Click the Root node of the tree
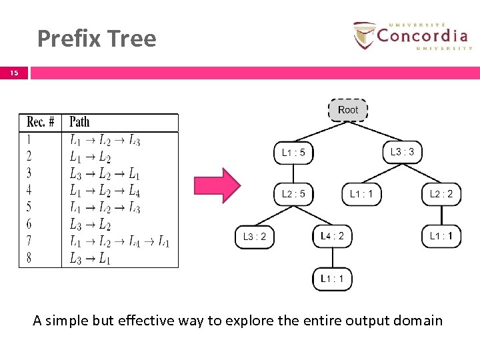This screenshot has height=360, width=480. [348, 110]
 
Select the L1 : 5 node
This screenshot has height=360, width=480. [293, 153]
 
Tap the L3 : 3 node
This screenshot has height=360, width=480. [402, 152]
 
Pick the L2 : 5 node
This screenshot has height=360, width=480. [293, 194]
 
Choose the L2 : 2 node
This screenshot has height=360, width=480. [441, 194]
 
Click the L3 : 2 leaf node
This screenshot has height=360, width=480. [254, 237]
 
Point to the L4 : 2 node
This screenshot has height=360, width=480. [332, 236]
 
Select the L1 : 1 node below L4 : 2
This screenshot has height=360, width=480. [332, 279]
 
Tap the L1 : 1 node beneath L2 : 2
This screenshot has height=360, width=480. [441, 236]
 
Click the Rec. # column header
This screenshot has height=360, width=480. [41, 122]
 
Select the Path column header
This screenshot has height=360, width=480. [79, 122]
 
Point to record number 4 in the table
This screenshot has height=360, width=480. [29, 191]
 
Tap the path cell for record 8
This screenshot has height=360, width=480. [90, 259]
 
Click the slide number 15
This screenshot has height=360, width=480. [14, 73]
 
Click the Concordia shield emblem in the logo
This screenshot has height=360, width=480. [364, 35]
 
